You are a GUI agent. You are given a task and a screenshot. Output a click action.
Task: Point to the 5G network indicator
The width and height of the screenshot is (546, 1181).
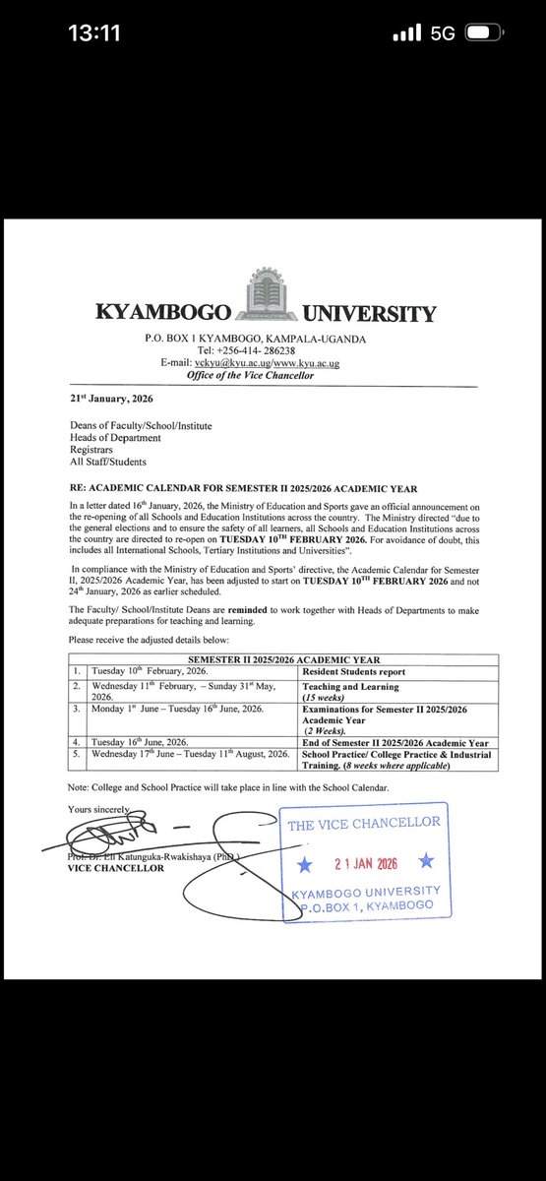[x=443, y=33]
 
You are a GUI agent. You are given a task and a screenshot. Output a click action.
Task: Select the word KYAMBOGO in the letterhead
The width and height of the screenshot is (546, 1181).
[x=162, y=315]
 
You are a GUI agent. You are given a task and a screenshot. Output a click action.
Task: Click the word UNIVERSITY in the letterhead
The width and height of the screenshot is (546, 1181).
[x=370, y=315]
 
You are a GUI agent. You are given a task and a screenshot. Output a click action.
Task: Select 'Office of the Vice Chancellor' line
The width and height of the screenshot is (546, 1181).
[x=255, y=375]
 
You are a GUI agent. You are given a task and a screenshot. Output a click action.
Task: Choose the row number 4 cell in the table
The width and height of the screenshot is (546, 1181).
[x=73, y=742]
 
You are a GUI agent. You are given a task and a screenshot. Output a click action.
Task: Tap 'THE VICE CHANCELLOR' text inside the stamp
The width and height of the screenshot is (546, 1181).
[x=365, y=824]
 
